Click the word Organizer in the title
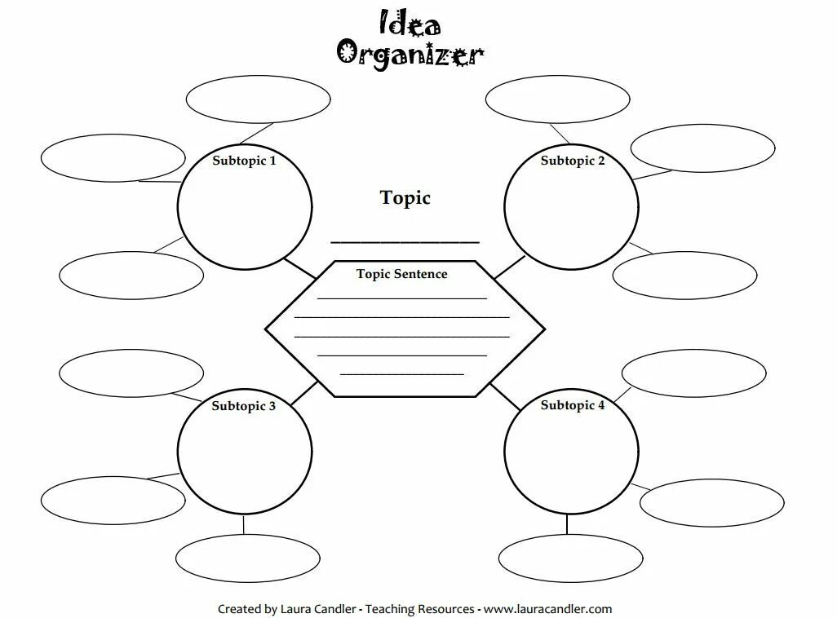coord(410,54)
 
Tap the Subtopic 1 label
coord(244,161)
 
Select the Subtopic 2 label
coord(573,161)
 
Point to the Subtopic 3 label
coord(244,406)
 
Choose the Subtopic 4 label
coord(573,405)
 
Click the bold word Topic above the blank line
coord(405,197)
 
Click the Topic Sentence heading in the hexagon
coord(402,274)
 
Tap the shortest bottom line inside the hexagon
coord(401,374)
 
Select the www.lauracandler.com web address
coord(552,609)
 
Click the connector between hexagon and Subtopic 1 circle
coord(301,267)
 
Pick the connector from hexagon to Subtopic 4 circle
coord(504,396)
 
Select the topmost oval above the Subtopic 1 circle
coord(258,99)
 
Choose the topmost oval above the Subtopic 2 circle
coord(557,99)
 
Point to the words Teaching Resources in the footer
coord(419,609)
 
